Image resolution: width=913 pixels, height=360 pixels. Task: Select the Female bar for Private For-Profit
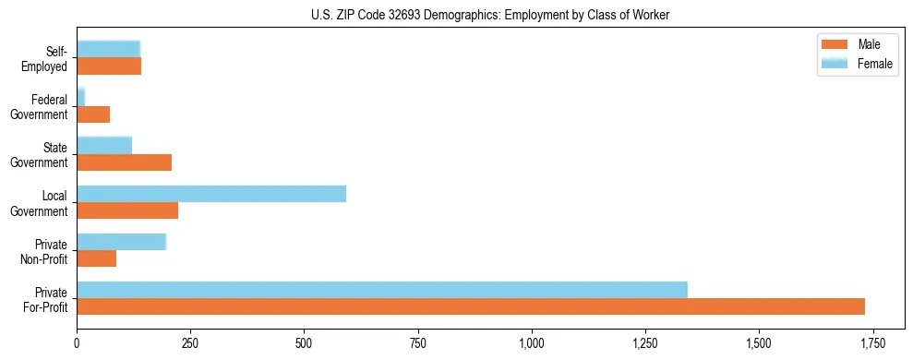tap(382, 290)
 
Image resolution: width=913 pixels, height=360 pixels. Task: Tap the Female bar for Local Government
tap(211, 194)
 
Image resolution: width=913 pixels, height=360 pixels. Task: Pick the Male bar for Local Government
tap(127, 210)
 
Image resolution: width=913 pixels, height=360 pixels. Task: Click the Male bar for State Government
tap(125, 162)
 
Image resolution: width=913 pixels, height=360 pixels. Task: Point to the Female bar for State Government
tap(104, 145)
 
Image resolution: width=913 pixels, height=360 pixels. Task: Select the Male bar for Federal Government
tap(93, 114)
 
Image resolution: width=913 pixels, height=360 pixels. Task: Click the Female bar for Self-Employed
tap(108, 49)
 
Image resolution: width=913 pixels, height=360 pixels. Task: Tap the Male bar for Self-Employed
tap(109, 66)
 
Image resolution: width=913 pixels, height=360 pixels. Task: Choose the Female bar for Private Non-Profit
tap(121, 242)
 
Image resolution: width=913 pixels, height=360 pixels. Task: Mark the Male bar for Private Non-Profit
tap(97, 258)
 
